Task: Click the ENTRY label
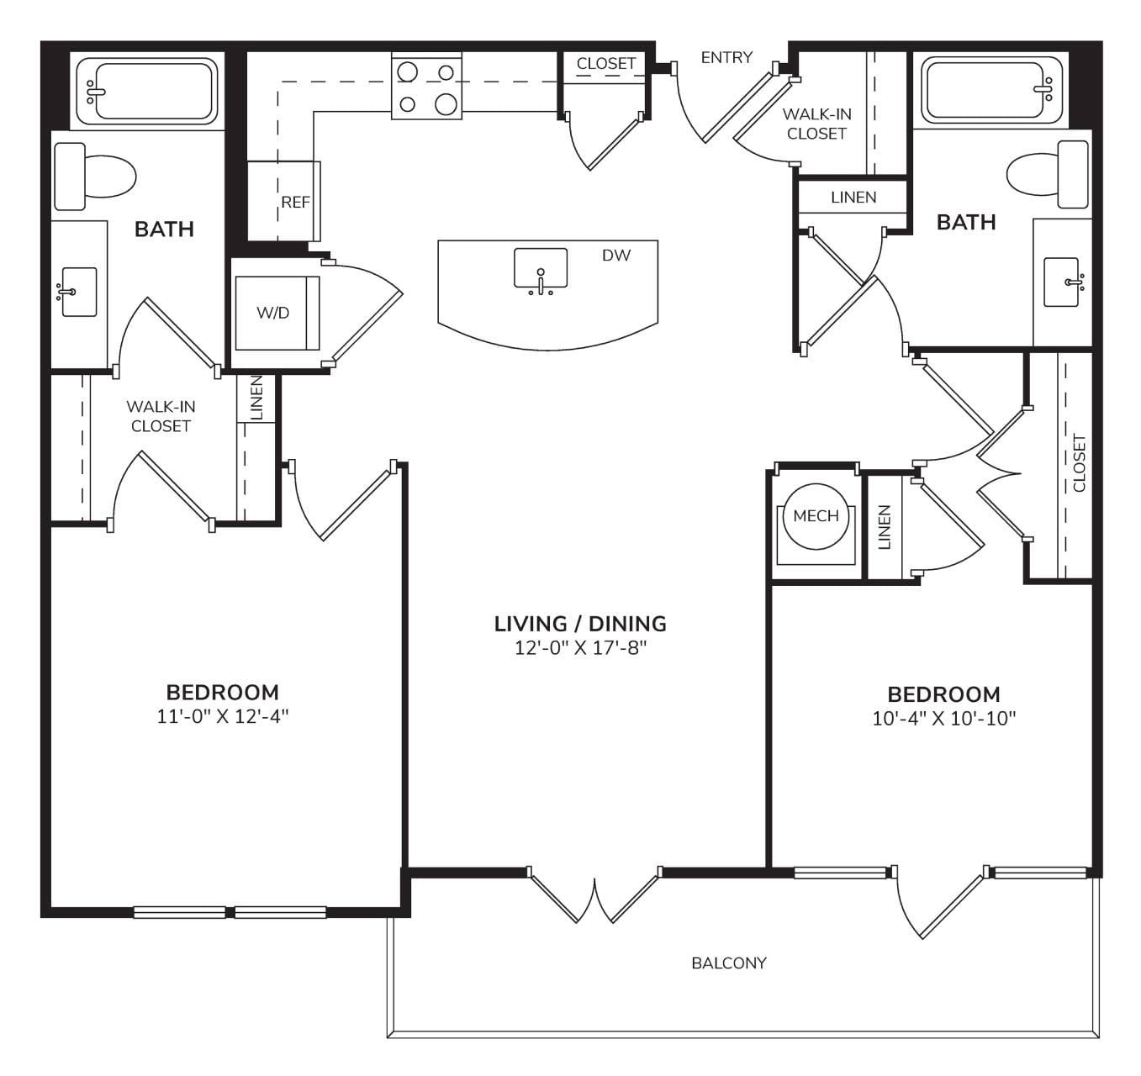tap(726, 57)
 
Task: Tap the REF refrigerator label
tap(295, 203)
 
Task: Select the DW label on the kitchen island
tap(615, 256)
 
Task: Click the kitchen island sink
tap(541, 271)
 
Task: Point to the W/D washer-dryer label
tap(273, 313)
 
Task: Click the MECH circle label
tap(816, 516)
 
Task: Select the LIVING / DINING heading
tap(580, 624)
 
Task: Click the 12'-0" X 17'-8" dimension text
tap(580, 648)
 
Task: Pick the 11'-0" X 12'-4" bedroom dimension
tap(223, 716)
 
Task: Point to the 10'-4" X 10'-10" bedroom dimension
tap(944, 719)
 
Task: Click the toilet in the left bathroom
tap(95, 177)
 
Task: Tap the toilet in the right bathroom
tap(1048, 175)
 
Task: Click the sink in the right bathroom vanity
tap(1062, 282)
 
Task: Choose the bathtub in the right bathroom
tap(991, 90)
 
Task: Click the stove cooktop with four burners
tap(427, 87)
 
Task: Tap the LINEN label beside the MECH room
tap(885, 527)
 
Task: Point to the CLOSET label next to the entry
tap(606, 64)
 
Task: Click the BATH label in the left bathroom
tap(164, 229)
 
